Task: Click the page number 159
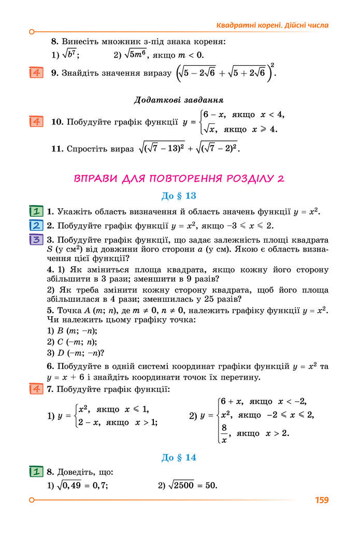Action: [322, 500]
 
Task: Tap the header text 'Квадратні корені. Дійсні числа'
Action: [272, 25]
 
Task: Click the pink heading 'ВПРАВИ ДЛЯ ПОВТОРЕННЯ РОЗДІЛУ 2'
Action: [179, 178]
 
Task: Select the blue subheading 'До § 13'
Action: [179, 196]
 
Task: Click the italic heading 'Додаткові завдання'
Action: [179, 100]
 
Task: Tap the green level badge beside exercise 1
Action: [36, 212]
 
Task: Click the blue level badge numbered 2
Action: [36, 226]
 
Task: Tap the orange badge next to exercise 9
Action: [36, 73]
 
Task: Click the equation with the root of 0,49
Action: [82, 485]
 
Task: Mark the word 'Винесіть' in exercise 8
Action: [79, 41]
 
